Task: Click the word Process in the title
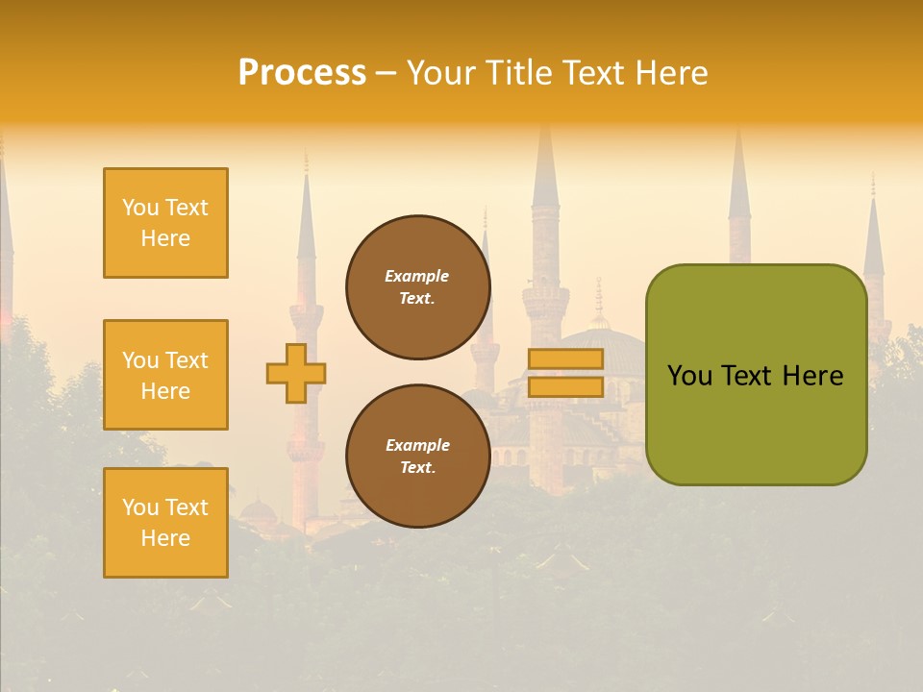pos(302,73)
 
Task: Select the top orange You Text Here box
pos(165,223)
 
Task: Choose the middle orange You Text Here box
pos(165,375)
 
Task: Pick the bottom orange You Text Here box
pos(165,523)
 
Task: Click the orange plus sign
pos(296,373)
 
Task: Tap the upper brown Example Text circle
pos(417,287)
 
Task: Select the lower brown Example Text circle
pos(417,457)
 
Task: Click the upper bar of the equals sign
pos(565,358)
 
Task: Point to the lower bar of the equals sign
pos(565,386)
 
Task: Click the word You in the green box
pos(689,376)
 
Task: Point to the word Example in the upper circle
pos(416,276)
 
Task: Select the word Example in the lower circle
pos(417,445)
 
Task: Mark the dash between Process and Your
pos(386,74)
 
